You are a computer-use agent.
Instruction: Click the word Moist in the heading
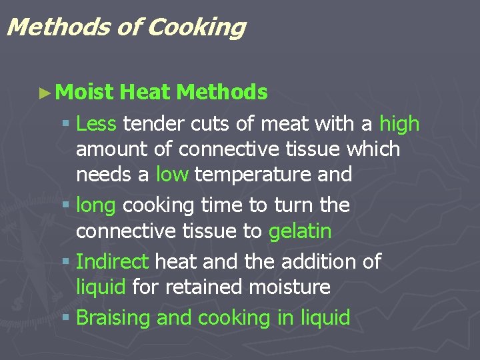(85, 92)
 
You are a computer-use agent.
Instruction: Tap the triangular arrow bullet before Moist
(45, 93)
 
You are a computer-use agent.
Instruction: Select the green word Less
(97, 123)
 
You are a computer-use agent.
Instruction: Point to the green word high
(399, 124)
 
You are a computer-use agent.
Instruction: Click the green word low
(173, 175)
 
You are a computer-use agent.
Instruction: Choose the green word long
(96, 206)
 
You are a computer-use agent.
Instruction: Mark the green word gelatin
(299, 231)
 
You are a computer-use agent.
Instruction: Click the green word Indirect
(112, 261)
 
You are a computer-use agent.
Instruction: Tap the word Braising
(113, 318)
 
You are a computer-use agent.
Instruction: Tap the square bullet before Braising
(65, 317)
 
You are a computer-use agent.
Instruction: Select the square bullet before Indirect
(65, 261)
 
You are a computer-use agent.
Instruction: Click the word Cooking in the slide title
(197, 27)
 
